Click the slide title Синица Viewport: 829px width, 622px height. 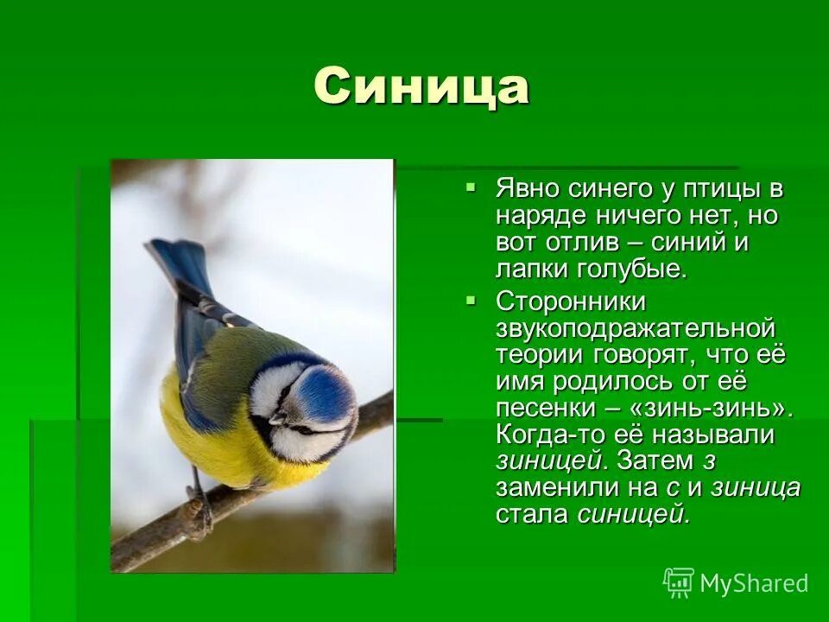click(421, 86)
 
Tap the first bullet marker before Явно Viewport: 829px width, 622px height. click(471, 186)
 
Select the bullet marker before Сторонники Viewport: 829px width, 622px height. click(471, 300)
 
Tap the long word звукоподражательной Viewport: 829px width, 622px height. click(635, 329)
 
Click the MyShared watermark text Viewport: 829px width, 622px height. click(753, 583)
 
